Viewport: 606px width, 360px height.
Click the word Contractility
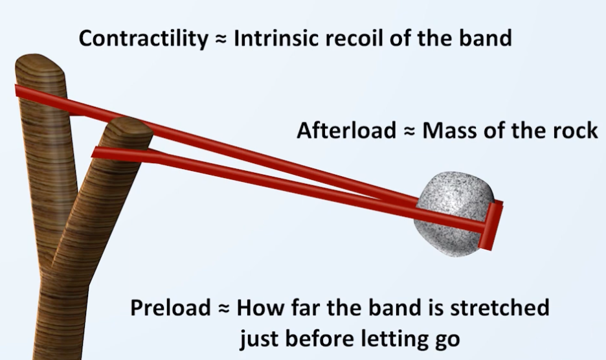(143, 39)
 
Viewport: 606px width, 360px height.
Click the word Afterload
(346, 130)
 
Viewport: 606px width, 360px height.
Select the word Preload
(170, 308)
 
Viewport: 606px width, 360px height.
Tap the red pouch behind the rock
(491, 226)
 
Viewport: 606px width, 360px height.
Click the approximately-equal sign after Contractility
(220, 39)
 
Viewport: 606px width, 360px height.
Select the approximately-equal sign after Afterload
(409, 131)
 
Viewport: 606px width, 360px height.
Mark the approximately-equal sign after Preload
(224, 309)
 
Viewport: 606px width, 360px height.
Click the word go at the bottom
(447, 341)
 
